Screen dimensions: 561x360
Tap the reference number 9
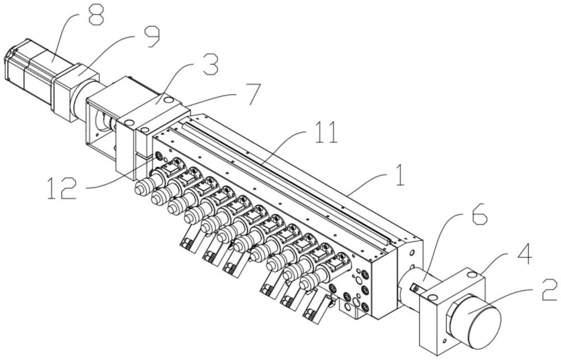click(151, 37)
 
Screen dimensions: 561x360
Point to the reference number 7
click(252, 94)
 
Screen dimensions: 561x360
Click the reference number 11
click(327, 132)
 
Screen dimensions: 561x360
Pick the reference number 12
click(62, 188)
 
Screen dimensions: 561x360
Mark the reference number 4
click(522, 256)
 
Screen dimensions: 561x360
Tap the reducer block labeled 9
click(75, 91)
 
